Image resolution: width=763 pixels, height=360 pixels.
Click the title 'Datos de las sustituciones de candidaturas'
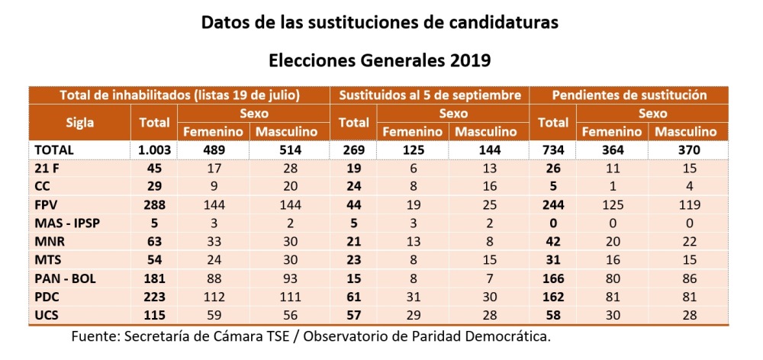[379, 23]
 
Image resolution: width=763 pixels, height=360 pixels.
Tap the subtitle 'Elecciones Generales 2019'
[379, 59]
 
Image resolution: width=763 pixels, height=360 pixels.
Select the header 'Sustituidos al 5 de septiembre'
[430, 95]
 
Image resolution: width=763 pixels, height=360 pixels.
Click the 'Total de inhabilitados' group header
[180, 95]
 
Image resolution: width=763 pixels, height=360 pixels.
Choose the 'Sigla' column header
[80, 122]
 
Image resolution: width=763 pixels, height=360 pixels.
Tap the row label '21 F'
[48, 167]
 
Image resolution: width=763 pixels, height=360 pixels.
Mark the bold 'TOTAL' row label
[56, 150]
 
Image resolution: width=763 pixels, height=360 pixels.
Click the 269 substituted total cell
[353, 150]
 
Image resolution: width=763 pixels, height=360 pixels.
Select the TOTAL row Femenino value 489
[214, 150]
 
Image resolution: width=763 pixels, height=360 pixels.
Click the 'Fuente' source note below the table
[311, 336]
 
